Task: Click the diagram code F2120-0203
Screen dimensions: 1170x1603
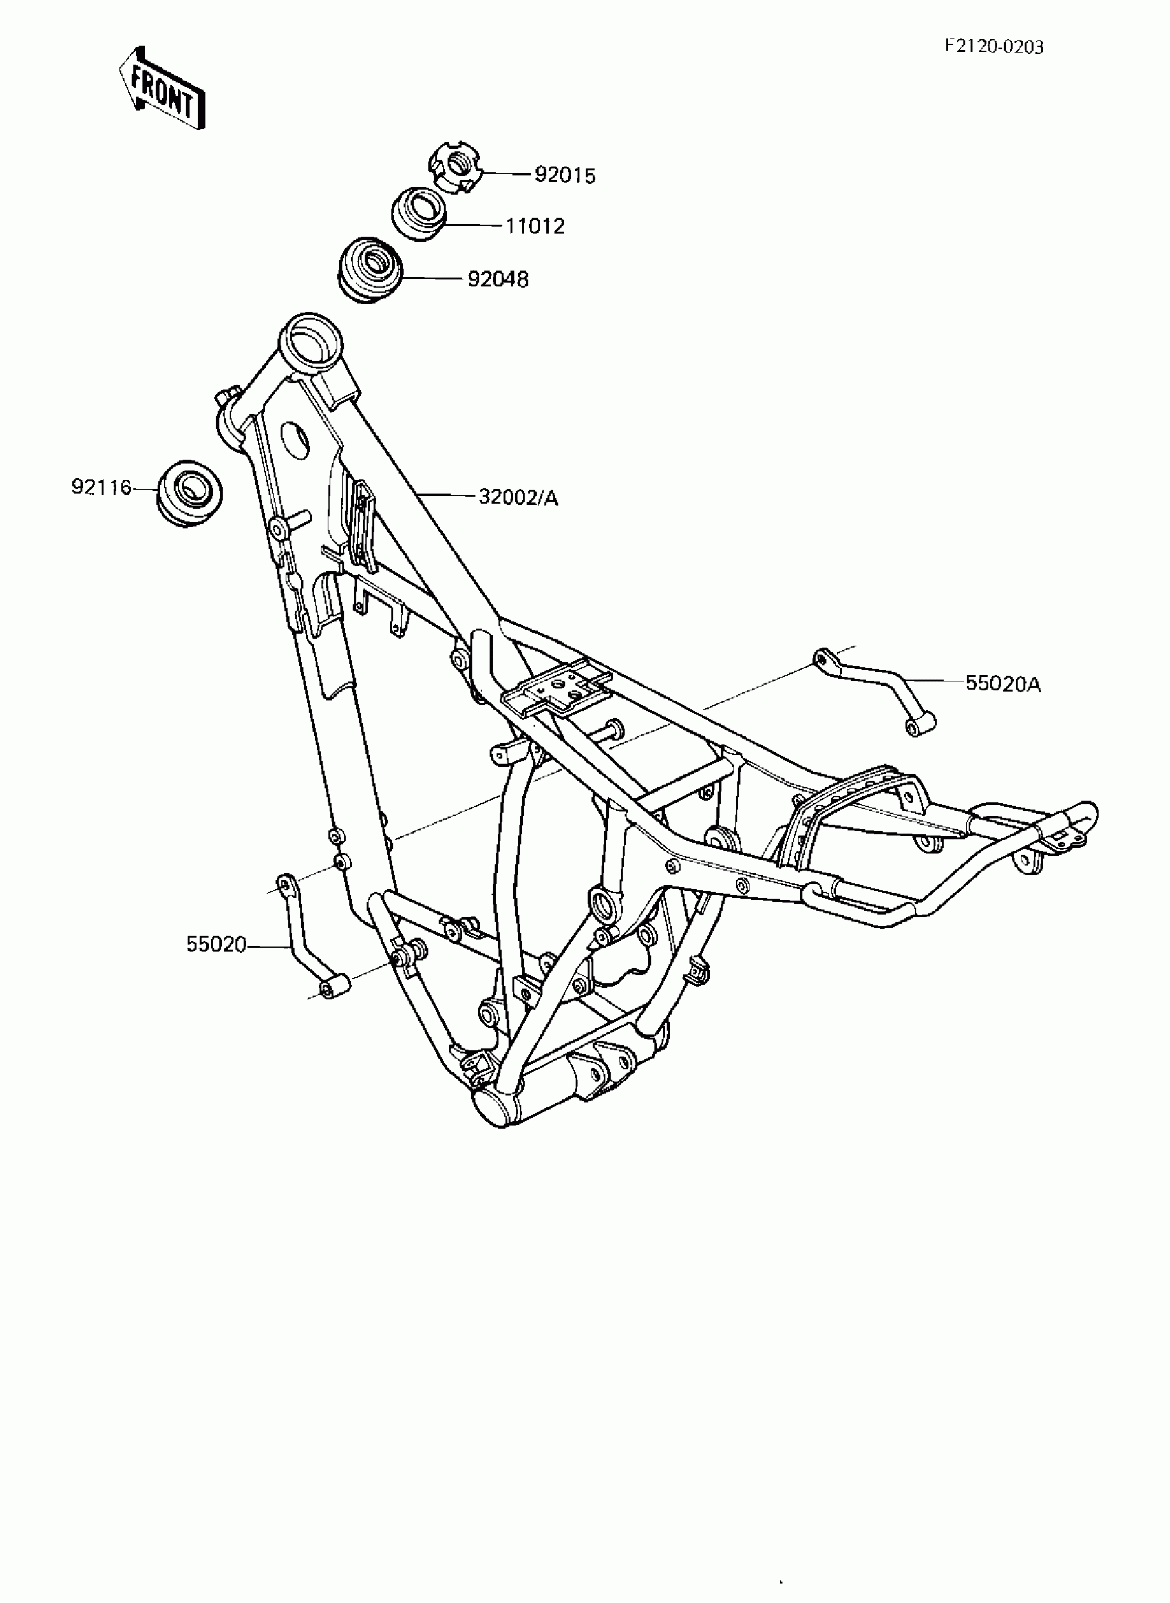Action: tap(994, 47)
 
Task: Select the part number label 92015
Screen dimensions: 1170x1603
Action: tap(564, 175)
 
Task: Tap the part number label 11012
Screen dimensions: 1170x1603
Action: tap(535, 226)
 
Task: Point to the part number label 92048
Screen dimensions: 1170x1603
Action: tap(498, 280)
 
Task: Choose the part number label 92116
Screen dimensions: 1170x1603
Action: tap(101, 487)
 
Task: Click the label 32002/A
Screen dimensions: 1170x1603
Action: tap(518, 498)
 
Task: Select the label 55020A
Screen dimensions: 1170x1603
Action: tap(1003, 684)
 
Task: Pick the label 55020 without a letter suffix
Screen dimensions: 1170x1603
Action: tap(216, 944)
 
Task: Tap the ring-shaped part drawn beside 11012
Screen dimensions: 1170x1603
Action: tap(419, 213)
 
